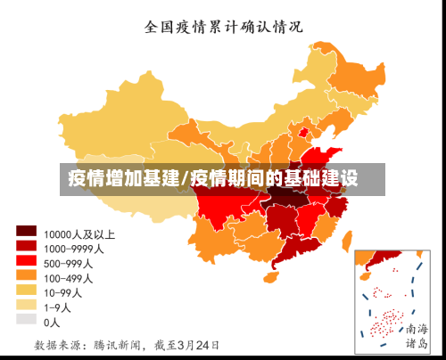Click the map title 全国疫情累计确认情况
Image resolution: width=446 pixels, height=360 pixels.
pos(224,26)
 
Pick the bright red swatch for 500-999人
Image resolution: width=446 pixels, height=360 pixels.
pos(26,262)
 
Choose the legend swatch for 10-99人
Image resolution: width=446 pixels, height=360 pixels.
pos(26,291)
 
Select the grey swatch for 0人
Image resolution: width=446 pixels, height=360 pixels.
pos(26,320)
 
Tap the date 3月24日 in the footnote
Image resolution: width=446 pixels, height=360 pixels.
pos(197,344)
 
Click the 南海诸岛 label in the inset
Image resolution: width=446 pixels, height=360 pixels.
pos(417,335)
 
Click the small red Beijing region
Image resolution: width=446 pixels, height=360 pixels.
pos(302,133)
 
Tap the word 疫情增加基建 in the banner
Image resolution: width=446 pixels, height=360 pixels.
pos(124,178)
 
